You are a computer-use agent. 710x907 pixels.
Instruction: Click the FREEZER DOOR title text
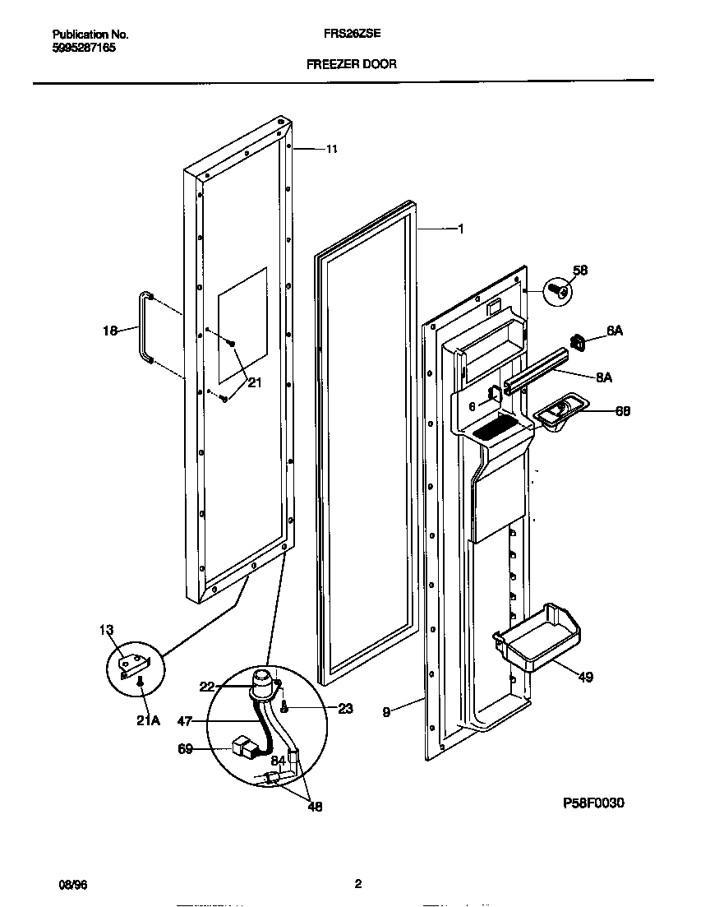pos(351,63)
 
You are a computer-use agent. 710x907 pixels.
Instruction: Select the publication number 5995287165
pos(84,49)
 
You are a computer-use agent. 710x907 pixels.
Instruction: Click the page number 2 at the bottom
pos(357,884)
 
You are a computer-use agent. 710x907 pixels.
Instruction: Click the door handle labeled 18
pos(146,326)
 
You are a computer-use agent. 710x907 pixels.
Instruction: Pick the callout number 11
pos(331,149)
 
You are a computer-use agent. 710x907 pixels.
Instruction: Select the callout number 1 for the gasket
pos(460,229)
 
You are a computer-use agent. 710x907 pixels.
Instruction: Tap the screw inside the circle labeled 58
pos(561,290)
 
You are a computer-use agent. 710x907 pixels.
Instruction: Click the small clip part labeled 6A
pos(578,340)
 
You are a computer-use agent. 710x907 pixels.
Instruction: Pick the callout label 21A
pos(149,720)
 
